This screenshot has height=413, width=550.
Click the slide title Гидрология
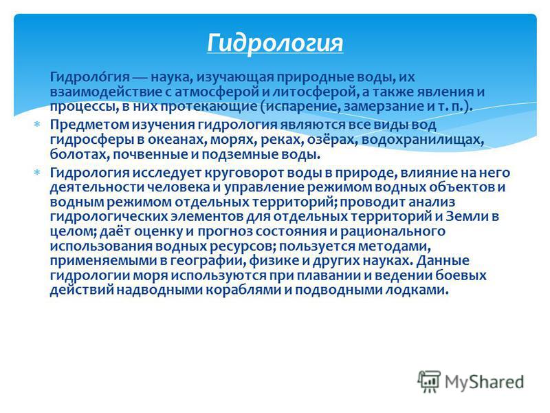[275, 43]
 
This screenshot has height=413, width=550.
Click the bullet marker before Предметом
[36, 125]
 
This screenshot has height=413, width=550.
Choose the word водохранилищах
[423, 140]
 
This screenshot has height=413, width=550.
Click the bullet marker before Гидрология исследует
[36, 173]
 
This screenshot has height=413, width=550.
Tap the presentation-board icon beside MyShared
[428, 381]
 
